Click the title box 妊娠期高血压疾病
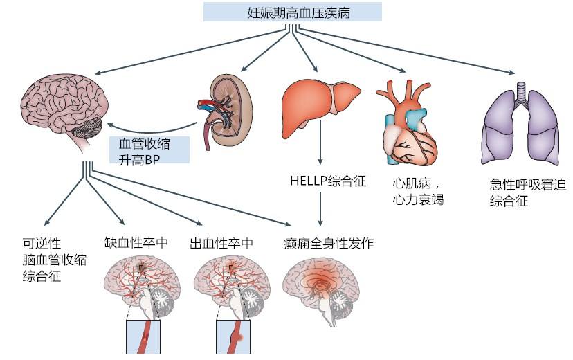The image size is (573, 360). (292, 12)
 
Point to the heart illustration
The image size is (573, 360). (408, 123)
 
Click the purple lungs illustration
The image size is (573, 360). (520, 123)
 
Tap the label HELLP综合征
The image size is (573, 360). (328, 181)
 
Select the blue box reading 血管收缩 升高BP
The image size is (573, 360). (149, 150)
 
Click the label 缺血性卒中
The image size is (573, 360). (136, 243)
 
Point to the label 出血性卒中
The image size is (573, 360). (221, 243)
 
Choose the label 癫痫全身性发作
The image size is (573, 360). (329, 243)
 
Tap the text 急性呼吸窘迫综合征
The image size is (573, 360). (528, 192)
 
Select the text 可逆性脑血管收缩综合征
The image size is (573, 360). (55, 260)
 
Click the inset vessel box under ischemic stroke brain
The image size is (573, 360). (143, 337)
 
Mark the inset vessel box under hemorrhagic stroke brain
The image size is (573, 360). (233, 337)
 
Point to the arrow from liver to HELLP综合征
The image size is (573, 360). (320, 143)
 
